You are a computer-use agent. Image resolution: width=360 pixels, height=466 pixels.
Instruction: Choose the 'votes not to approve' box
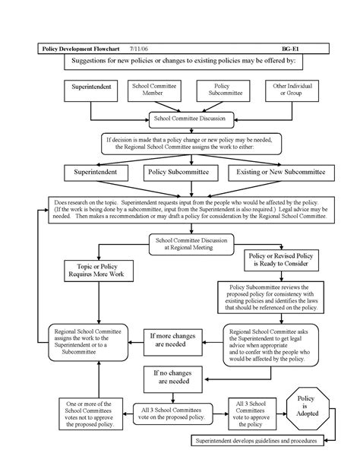pos(84,417)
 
